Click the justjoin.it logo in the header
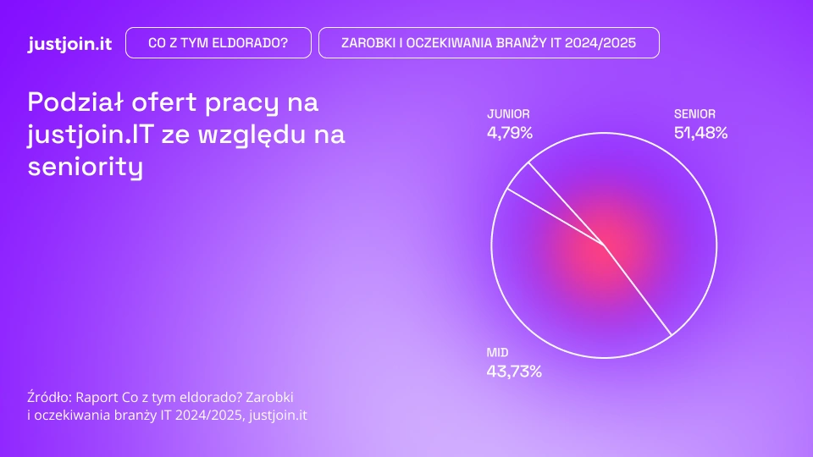pos(70,43)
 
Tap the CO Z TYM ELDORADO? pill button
pos(218,43)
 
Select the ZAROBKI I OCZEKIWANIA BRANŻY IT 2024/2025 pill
pos(489,43)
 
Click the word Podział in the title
pos(75,102)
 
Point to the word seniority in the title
pos(85,167)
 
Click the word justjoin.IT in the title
pos(91,135)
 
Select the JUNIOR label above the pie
pos(508,114)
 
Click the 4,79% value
pos(510,133)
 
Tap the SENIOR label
pos(694,114)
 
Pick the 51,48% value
pos(700,133)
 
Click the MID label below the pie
pos(497,353)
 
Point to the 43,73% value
pos(514,372)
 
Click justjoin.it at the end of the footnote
pos(278,415)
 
